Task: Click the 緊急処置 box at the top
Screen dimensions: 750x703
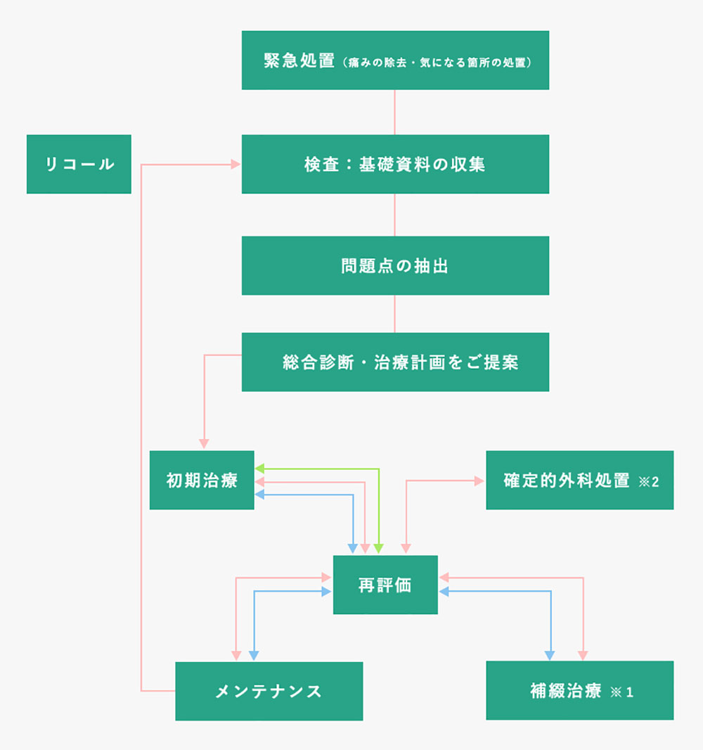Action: (395, 60)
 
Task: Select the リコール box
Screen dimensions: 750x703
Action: (79, 164)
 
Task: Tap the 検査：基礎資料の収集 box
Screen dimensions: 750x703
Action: (395, 164)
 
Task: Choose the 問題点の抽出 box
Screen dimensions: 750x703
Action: (395, 266)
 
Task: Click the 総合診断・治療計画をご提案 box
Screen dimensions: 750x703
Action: (395, 362)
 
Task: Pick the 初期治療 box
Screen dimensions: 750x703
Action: (202, 481)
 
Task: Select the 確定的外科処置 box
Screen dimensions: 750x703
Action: (579, 481)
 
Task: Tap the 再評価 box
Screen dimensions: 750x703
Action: (385, 585)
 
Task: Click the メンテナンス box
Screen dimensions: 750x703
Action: (269, 691)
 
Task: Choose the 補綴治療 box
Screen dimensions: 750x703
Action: (579, 691)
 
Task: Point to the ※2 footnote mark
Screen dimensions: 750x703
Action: (648, 482)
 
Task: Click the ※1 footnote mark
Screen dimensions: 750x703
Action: (622, 692)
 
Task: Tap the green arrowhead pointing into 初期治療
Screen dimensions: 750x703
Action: (259, 468)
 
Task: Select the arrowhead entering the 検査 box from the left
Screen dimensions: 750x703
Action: (236, 165)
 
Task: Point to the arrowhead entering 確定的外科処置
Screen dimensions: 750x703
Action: (481, 481)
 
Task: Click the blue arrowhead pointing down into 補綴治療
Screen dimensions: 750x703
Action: (550, 656)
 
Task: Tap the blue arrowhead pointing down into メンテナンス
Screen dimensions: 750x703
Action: (252, 656)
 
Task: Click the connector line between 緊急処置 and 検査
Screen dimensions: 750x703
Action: (394, 112)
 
